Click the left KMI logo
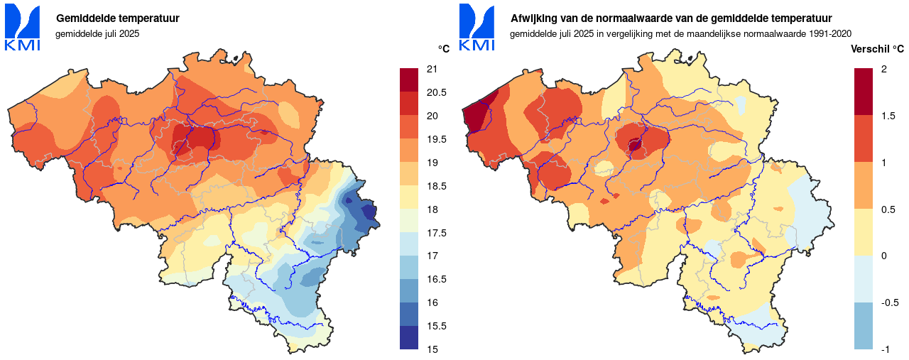[x=22, y=28]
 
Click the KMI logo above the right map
[x=477, y=28]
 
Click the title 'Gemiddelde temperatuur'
[x=118, y=18]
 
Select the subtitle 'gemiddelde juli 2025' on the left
[x=102, y=33]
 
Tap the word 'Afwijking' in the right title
[x=533, y=18]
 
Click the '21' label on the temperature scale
[x=431, y=69]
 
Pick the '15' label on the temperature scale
[x=431, y=349]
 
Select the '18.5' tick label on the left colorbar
[x=435, y=186]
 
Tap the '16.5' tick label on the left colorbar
[x=435, y=279]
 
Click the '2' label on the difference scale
[x=883, y=69]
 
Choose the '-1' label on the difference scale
[x=885, y=349]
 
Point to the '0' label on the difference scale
[x=883, y=256]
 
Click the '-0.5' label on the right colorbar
[x=889, y=302]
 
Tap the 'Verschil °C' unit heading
[x=877, y=49]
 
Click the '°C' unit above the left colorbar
[x=443, y=49]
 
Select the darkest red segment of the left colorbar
[x=410, y=80]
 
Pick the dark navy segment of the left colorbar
[x=410, y=337]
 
